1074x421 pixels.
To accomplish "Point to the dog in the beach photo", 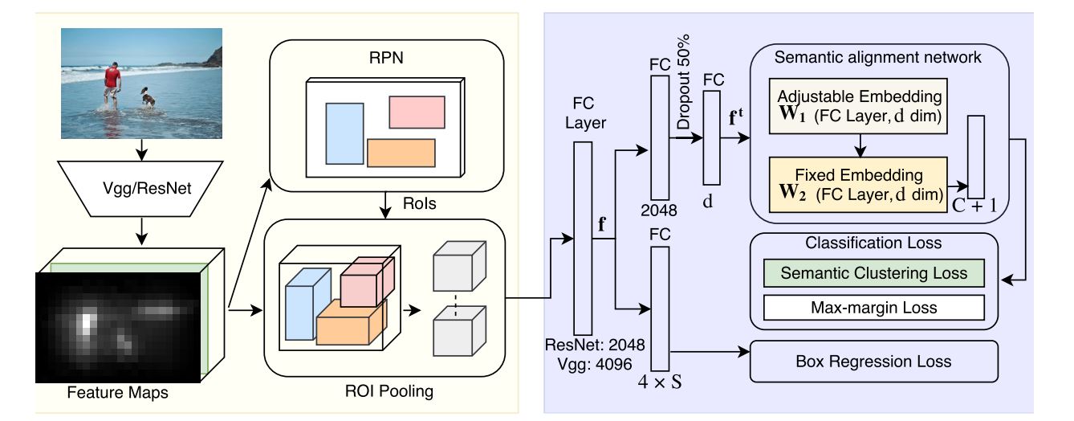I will click(148, 98).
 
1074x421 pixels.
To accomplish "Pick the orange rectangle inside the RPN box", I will click(401, 153).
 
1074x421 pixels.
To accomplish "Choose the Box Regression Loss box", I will click(873, 362).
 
